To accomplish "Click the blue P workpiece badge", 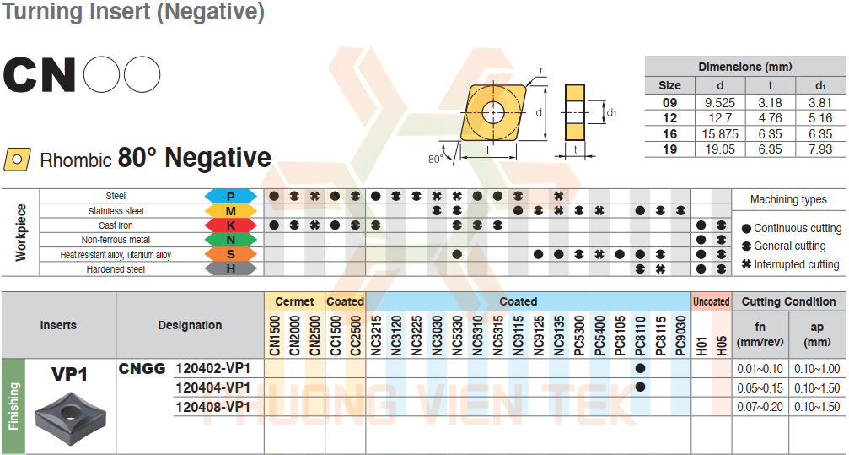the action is (x=231, y=197).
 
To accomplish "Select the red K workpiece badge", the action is (x=231, y=225).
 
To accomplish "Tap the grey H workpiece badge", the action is (x=231, y=268).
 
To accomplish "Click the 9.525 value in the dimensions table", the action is (x=720, y=102).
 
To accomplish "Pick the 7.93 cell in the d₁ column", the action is (x=820, y=149).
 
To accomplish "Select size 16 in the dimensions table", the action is (x=669, y=134).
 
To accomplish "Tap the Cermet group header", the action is (x=294, y=301).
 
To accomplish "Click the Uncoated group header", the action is (x=712, y=301).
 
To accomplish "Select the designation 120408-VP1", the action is (x=212, y=407).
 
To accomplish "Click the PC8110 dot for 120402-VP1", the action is (x=640, y=369).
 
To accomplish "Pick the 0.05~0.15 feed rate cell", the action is (x=760, y=388).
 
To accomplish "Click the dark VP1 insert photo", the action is (x=68, y=415).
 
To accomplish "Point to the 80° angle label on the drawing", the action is (x=435, y=160).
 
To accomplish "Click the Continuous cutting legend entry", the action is (x=792, y=228).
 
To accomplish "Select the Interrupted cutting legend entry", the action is (x=791, y=265).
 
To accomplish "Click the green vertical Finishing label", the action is (x=13, y=406).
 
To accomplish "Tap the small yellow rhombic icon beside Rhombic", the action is (x=17, y=160).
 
